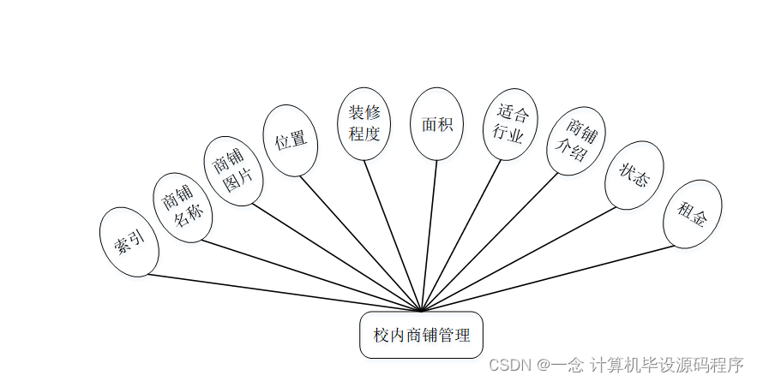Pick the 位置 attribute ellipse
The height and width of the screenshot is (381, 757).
coord(290,140)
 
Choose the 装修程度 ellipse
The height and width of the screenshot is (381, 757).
coord(364,123)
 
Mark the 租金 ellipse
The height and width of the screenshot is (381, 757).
coord(693,214)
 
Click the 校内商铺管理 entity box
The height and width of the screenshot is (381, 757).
coord(421,335)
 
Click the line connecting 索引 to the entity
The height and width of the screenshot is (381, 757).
coord(283,292)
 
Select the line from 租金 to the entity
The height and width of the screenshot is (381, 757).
coord(549,277)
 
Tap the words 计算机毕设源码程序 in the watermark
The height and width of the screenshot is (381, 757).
coord(666,364)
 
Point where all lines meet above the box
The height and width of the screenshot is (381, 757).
coord(421,311)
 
